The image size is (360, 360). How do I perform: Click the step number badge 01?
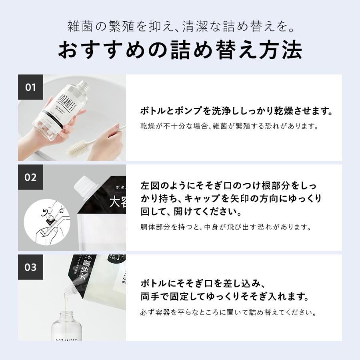[30, 87]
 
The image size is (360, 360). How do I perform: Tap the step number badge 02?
[30, 177]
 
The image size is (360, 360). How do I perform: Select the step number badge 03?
[30, 267]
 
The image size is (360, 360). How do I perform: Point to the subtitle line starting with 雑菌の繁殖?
[180, 28]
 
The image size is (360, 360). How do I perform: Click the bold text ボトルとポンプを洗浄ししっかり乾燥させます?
[237, 111]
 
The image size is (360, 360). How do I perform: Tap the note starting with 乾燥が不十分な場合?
[229, 126]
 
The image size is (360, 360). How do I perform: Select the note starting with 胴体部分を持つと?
[226, 227]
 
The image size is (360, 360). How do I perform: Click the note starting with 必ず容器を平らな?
[228, 312]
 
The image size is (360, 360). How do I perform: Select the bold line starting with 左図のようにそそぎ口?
[229, 186]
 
